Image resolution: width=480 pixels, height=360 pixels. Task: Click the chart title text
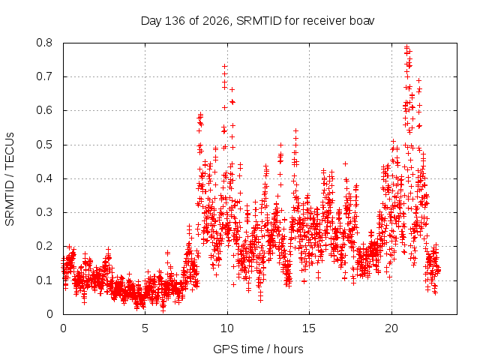(x=257, y=21)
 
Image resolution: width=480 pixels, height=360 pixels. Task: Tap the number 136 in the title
(x=175, y=21)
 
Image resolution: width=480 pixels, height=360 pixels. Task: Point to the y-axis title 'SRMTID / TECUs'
(x=10, y=179)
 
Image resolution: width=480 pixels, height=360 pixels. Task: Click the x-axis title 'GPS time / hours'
(x=258, y=349)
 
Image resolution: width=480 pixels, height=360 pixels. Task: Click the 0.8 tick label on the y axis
(x=44, y=43)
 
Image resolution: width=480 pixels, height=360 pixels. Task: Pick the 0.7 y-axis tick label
(x=44, y=76)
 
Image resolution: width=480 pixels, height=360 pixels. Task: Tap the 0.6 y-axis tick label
(x=44, y=110)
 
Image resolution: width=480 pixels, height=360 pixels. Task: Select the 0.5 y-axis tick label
(x=44, y=145)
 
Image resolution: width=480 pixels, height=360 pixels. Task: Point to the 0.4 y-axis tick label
(x=44, y=178)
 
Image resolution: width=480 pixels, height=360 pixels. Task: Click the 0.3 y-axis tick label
(x=44, y=212)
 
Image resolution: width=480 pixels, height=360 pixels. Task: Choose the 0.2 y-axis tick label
(x=44, y=246)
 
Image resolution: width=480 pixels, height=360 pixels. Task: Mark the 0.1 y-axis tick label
(x=44, y=280)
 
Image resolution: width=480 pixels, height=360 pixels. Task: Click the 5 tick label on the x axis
(x=145, y=328)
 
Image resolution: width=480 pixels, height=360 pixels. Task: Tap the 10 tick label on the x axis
(x=227, y=328)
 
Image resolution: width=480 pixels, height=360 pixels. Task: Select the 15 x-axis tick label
(x=309, y=328)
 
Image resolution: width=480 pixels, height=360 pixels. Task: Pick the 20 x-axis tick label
(x=391, y=328)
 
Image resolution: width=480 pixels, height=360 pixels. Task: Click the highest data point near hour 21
(x=406, y=47)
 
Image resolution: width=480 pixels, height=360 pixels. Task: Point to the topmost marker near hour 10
(x=225, y=66)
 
